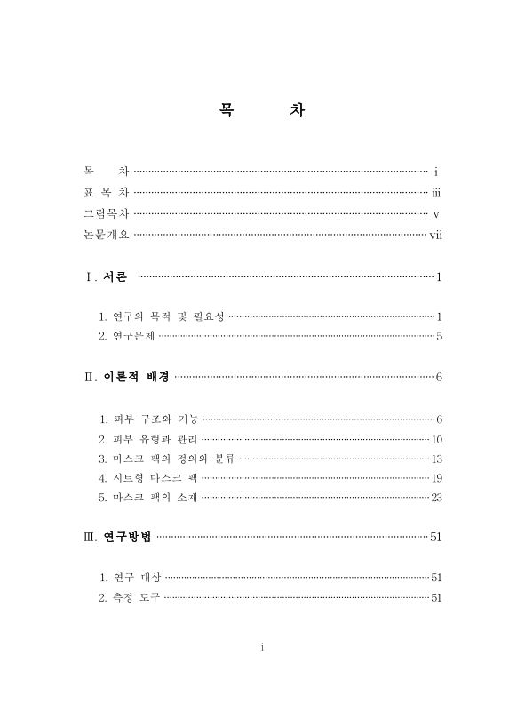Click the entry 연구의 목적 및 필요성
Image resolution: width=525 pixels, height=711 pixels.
(163, 316)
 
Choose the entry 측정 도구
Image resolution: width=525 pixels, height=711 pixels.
(131, 597)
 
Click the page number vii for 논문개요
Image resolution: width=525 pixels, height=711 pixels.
(435, 236)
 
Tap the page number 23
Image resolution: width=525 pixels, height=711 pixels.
(436, 498)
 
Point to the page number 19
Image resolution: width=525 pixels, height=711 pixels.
(436, 478)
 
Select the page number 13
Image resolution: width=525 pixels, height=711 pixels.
(436, 459)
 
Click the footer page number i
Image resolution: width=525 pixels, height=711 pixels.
(263, 648)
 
